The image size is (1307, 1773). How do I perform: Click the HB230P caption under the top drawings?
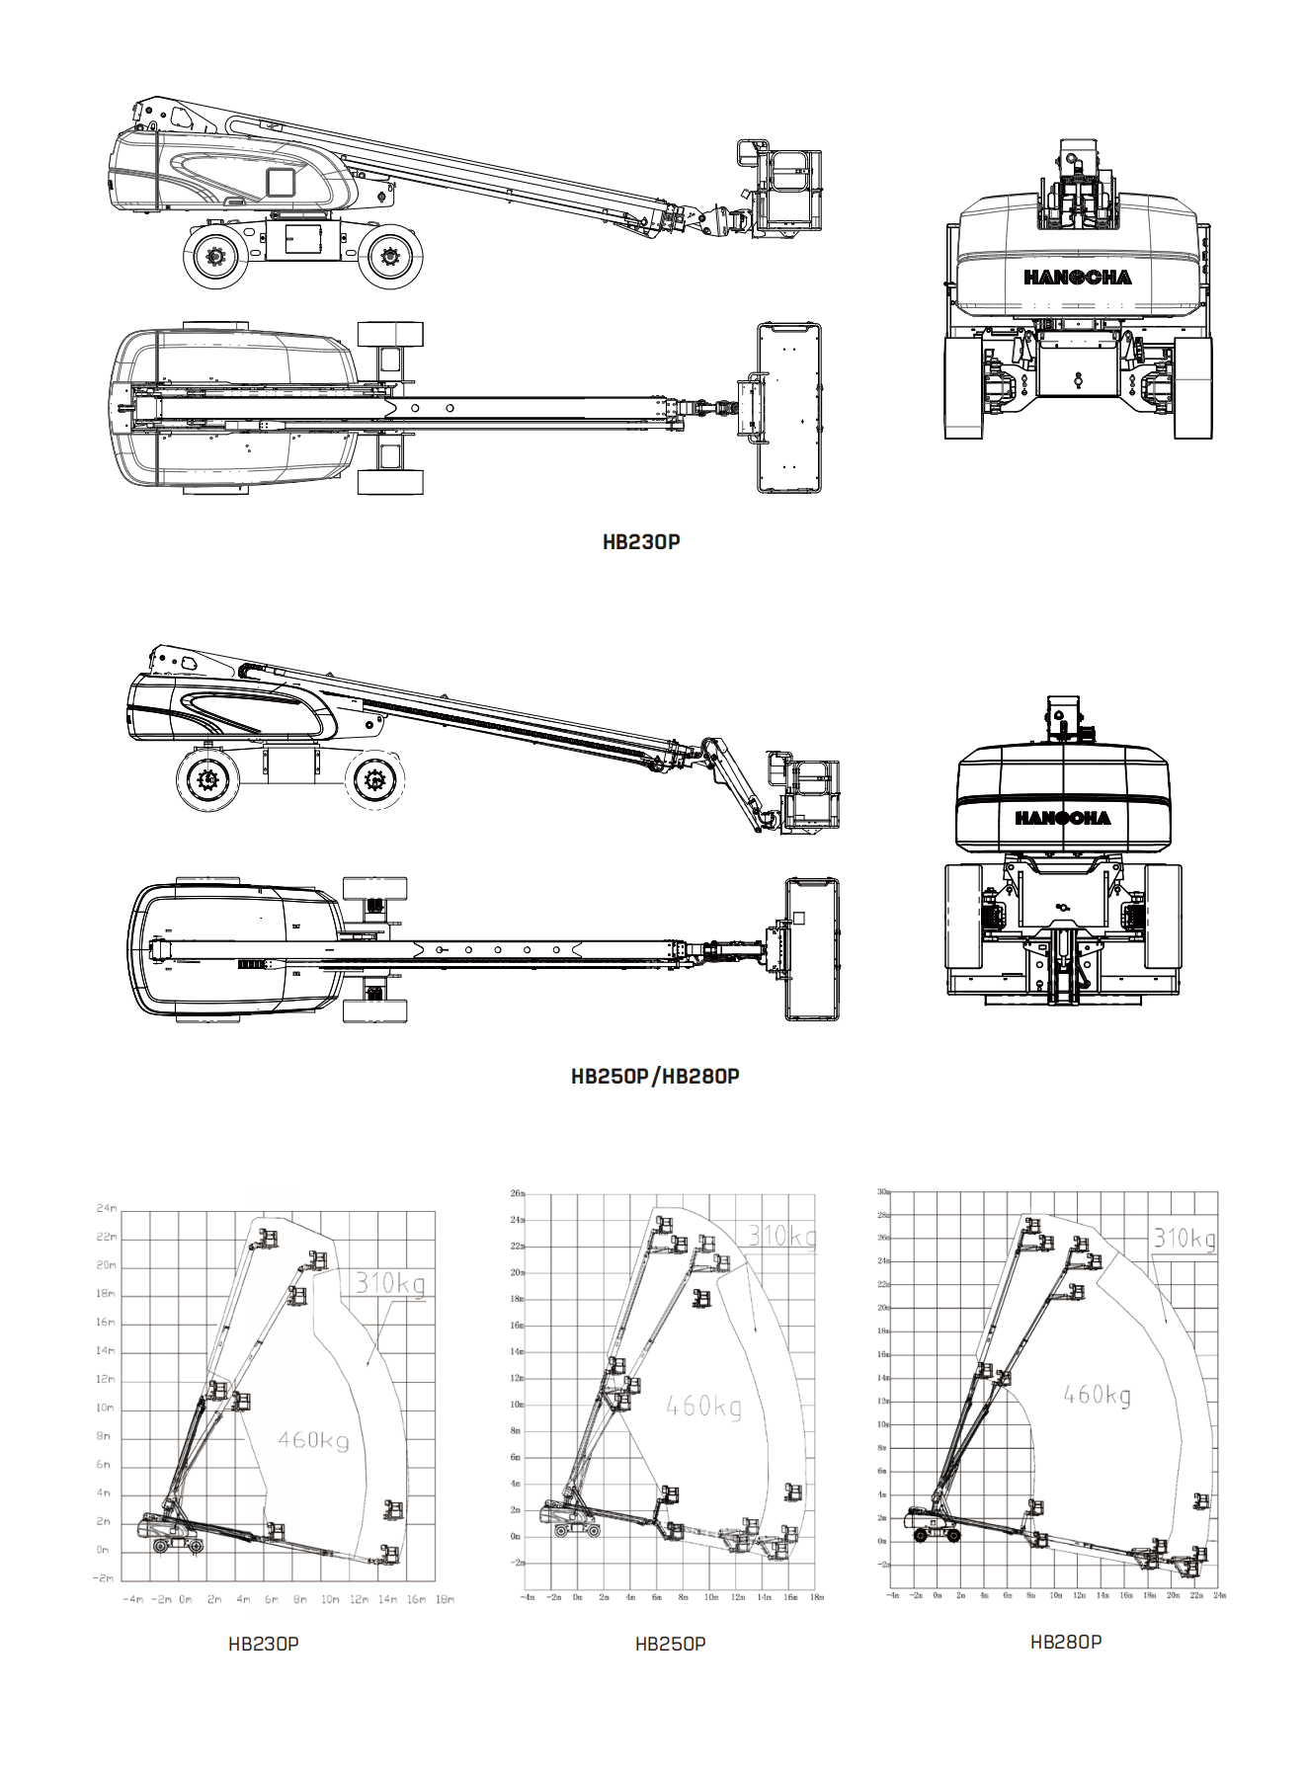click(641, 541)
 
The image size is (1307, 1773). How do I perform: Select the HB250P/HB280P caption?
click(655, 1076)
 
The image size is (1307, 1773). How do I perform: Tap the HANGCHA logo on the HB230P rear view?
click(1077, 278)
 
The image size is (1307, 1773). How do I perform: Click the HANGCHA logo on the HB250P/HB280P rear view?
click(1062, 818)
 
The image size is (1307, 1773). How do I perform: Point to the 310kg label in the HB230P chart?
click(389, 1283)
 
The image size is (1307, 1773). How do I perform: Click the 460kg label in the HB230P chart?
click(313, 1440)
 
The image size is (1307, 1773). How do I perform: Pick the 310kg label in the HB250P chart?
click(781, 1236)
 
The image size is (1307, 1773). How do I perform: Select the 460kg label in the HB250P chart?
click(703, 1406)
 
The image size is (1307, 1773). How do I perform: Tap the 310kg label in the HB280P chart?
click(1184, 1239)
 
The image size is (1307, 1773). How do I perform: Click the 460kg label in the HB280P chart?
click(1097, 1395)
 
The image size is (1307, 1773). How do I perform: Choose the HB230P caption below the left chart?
click(263, 1644)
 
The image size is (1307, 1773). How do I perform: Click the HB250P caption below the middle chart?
click(670, 1644)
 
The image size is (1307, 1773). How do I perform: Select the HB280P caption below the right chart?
click(1066, 1642)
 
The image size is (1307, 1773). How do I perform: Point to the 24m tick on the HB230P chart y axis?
click(107, 1208)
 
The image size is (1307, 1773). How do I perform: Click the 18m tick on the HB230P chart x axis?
click(445, 1599)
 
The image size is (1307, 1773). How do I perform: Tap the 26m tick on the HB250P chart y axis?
click(517, 1193)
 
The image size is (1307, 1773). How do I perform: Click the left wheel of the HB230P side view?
click(215, 257)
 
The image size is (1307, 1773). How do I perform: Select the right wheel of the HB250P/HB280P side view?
click(375, 780)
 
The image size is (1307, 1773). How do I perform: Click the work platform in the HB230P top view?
click(788, 407)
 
